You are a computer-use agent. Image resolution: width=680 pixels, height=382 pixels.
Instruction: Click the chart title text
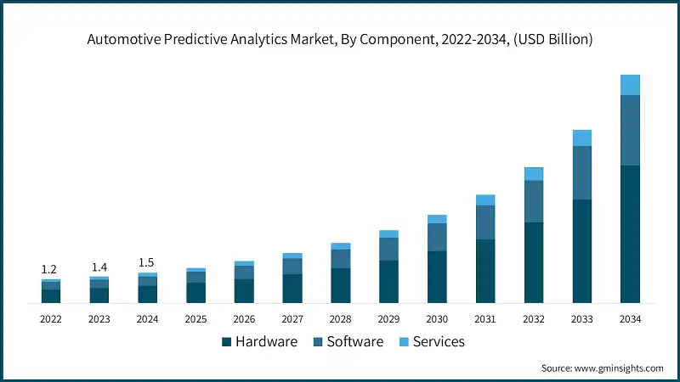pos(340,39)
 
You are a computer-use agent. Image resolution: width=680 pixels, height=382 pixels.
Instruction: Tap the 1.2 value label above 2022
pos(50,269)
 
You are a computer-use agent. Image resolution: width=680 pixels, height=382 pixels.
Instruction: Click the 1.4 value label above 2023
pos(99,267)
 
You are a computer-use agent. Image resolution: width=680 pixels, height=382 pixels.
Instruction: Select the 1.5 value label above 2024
pos(147,262)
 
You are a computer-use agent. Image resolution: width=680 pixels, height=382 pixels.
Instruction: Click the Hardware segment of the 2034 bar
pos(630,233)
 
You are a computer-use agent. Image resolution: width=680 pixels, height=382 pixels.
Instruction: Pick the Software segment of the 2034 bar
pos(630,130)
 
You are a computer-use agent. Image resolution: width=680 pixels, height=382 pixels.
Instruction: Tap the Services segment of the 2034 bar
pos(630,85)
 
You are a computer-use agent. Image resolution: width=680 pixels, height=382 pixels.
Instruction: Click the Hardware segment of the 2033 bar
pos(581,250)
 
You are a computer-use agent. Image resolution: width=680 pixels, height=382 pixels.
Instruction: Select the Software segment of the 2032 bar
pos(533,201)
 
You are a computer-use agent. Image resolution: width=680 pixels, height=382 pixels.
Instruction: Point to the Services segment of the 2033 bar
pos(581,138)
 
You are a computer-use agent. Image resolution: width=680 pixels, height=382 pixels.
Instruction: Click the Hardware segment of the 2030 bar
pos(437,277)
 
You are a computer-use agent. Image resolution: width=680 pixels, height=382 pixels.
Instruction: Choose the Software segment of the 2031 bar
pos(485,222)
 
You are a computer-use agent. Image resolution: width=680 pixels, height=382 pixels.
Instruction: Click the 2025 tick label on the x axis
pos(195,319)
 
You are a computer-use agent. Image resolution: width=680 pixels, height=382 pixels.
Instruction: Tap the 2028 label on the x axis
pos(340,319)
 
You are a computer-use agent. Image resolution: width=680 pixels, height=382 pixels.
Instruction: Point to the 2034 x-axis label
pos(630,319)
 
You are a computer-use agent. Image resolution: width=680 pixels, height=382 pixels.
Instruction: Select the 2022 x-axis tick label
pos(50,319)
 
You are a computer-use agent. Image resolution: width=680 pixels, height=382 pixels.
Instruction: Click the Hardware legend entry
pos(259,342)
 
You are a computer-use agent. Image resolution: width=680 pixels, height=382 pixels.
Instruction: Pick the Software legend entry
pos(348,342)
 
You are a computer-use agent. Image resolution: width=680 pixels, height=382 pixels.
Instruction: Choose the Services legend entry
pos(432,342)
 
